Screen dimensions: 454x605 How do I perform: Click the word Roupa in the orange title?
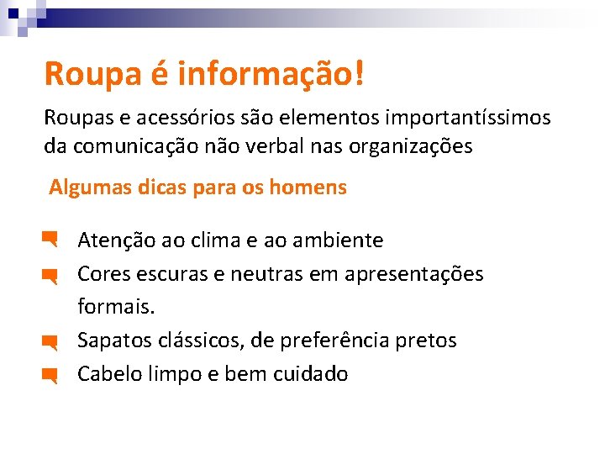tap(86, 73)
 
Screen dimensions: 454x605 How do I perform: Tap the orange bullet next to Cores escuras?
tap(49, 275)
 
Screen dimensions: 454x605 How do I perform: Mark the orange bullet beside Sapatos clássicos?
tap(49, 342)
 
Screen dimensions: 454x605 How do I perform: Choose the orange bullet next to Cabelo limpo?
tap(49, 375)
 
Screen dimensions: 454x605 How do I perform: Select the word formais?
tap(116, 307)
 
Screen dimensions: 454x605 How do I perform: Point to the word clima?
tap(215, 241)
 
